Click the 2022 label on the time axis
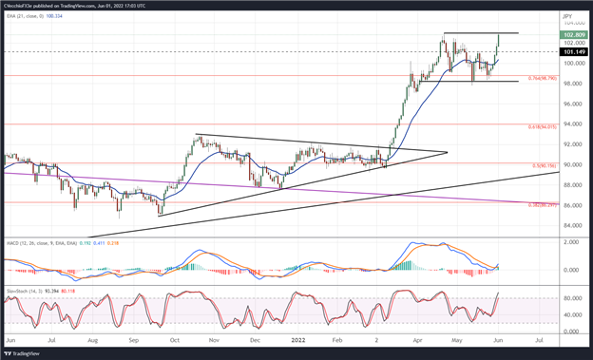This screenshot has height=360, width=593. (296, 339)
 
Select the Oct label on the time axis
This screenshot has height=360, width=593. (174, 339)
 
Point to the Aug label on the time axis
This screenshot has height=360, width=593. (91, 339)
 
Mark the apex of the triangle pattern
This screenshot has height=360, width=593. (448, 152)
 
